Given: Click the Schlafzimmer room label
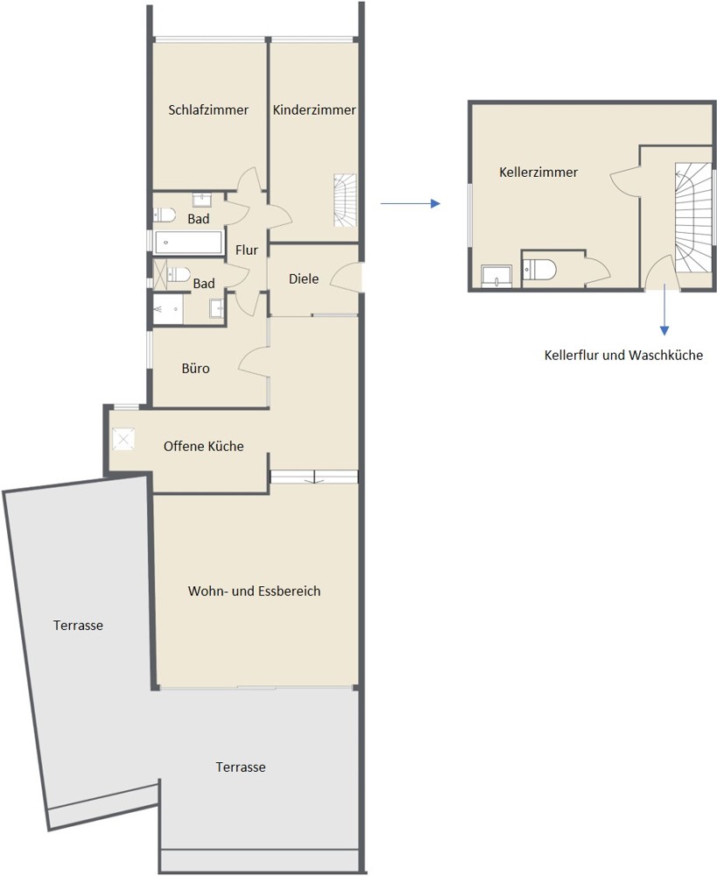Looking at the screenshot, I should coord(208,110).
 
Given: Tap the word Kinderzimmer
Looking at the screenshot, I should coord(314,110).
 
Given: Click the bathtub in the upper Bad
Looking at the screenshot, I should coord(188,242).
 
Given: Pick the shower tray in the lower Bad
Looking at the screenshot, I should coord(167,307).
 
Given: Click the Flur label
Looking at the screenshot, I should coord(247,251).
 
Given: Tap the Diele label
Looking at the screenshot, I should coord(304,279).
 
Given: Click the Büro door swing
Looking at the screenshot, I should coord(255,362).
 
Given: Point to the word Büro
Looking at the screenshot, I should coord(195,369).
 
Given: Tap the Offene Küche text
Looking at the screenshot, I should coord(203,447).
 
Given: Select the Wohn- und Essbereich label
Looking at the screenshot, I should coord(254,591).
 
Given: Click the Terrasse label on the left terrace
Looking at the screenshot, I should coord(78,625).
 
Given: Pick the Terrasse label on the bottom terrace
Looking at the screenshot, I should coord(241,767).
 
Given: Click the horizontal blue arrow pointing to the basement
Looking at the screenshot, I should coord(409,203).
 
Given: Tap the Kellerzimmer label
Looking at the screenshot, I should coord(538,173).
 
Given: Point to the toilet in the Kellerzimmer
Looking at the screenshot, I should coord(537,269).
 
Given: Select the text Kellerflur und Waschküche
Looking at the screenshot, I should coord(623,356).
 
